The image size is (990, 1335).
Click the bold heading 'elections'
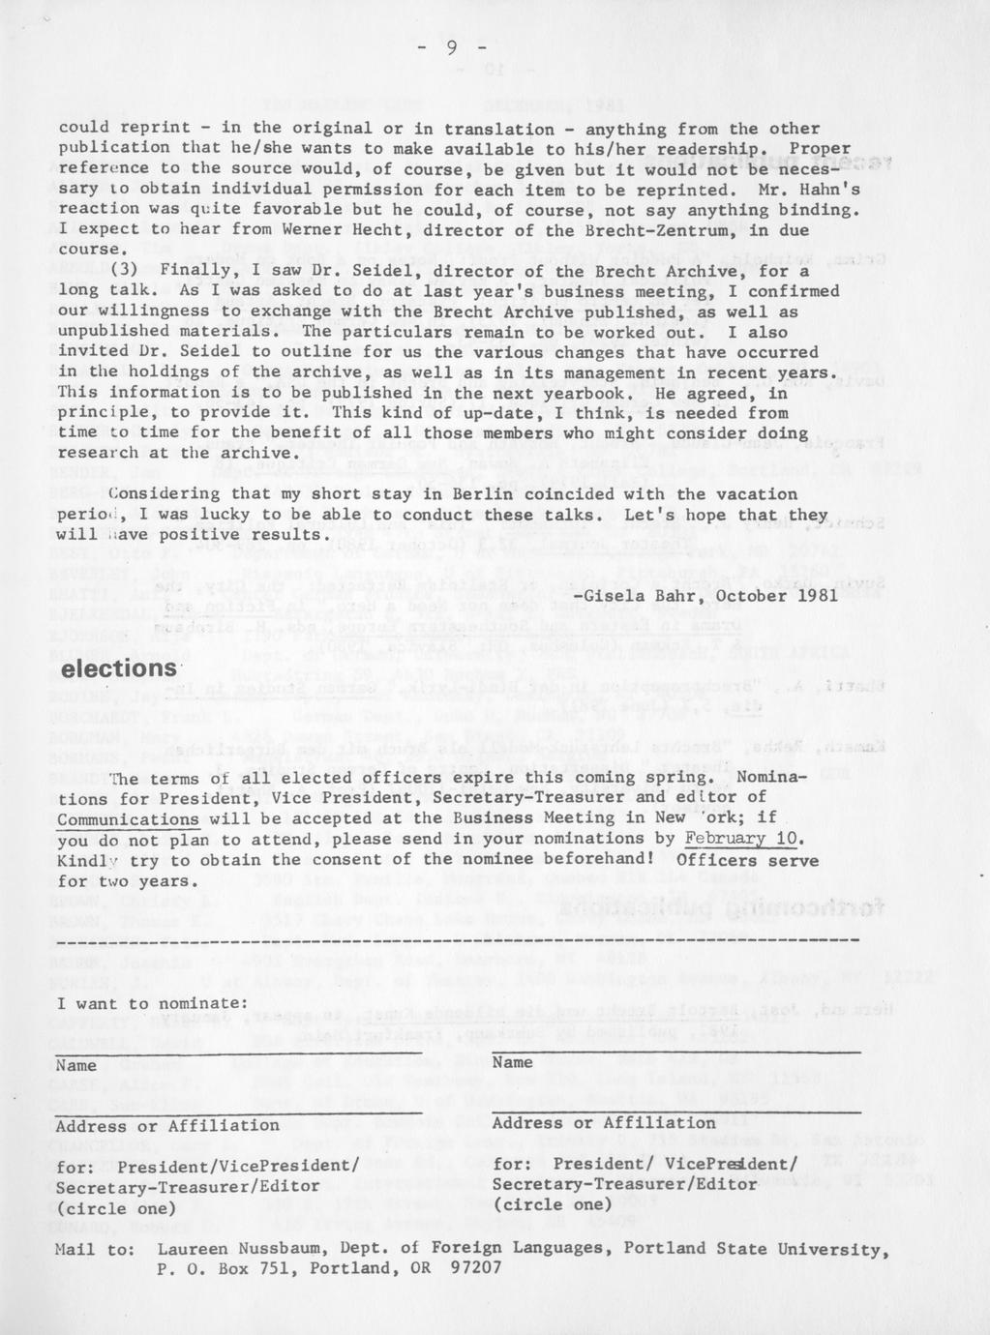coord(118,669)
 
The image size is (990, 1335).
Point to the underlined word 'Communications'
coord(128,818)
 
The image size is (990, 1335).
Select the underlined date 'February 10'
coord(742,839)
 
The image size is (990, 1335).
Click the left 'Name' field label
coord(76,1065)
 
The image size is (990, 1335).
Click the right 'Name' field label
coord(513,1062)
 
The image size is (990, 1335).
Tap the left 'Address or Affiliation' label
coord(167,1126)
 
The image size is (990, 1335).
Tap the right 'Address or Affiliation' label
coord(604,1122)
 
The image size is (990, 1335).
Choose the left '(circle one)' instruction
coord(116,1208)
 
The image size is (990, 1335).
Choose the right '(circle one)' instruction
coord(553,1204)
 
